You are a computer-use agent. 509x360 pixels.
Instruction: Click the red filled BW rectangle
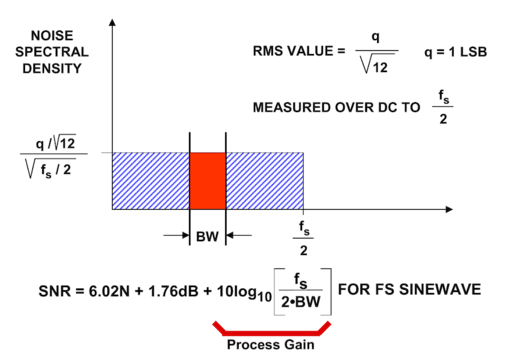pos(208,181)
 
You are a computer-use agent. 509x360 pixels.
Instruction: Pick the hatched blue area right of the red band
pos(265,181)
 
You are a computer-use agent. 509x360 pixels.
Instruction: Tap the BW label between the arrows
pos(208,237)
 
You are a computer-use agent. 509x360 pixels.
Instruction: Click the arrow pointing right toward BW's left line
pos(176,236)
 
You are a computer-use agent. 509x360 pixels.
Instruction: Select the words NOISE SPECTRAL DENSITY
pos(52,52)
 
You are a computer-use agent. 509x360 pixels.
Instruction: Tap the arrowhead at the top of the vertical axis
pos(113,23)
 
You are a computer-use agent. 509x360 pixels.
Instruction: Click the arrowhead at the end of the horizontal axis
pos(449,210)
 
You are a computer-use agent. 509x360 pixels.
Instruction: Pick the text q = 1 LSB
pos(456,52)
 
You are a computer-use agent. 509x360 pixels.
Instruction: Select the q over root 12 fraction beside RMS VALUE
pos(376,53)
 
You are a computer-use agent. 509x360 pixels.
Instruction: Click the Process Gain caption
pos(271,344)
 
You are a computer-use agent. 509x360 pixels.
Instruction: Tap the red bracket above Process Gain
pos(271,328)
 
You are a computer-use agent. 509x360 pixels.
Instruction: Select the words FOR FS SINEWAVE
pos(409,289)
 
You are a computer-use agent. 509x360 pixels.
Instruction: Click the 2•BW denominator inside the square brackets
pos(300,303)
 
